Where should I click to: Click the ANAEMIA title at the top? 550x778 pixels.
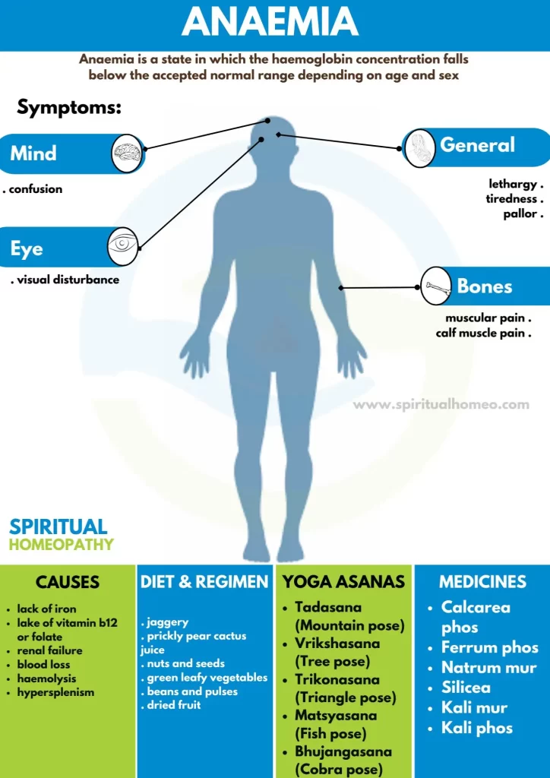coord(270,23)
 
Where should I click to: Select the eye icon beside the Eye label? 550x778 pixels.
coord(123,245)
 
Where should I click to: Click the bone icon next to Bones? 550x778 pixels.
coord(436,286)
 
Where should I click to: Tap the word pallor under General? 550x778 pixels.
coord(520,213)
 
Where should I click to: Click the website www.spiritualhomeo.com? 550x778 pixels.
coord(441,404)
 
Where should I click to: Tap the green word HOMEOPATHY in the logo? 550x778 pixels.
coord(61,544)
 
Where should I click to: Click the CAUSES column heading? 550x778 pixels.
coord(68,581)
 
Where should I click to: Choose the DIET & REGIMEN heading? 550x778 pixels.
coord(204,581)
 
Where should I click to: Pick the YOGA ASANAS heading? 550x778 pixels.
coord(343,581)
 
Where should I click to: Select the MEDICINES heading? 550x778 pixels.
coord(482,581)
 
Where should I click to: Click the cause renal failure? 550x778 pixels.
coord(49,650)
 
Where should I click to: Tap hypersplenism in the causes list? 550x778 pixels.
coord(55,692)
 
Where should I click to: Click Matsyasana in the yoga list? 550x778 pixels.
coord(336,716)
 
